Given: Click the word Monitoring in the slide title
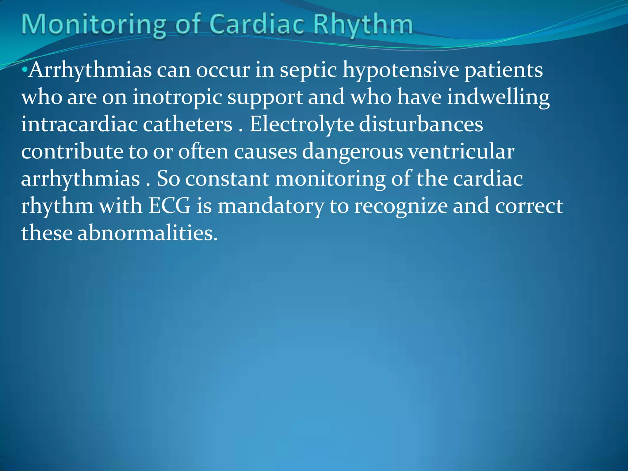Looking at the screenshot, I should (x=94, y=25).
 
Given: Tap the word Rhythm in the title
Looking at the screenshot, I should (x=363, y=25).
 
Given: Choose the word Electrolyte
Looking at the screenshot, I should (x=302, y=124).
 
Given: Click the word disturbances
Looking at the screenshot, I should (x=421, y=124).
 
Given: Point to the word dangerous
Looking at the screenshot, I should (x=352, y=152).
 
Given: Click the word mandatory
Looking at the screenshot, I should (x=271, y=206).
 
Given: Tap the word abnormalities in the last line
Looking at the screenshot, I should (x=147, y=233).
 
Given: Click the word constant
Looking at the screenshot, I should (x=227, y=179).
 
